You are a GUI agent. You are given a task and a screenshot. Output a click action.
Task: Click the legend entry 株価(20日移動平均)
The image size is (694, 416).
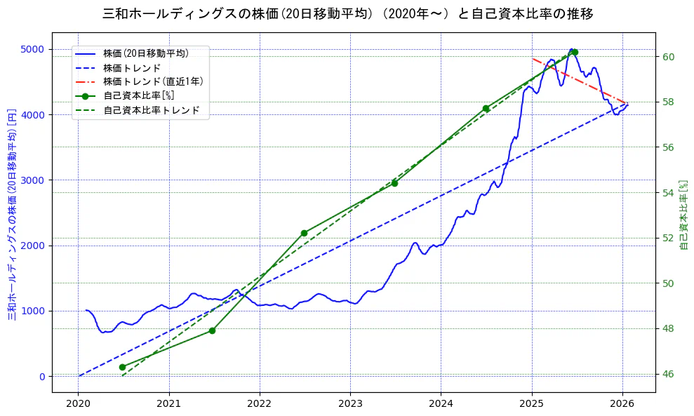coord(145,53)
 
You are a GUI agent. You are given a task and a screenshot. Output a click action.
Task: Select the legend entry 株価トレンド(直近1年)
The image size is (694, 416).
coord(153,81)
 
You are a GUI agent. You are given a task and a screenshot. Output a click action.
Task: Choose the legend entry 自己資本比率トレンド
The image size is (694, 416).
coord(151,110)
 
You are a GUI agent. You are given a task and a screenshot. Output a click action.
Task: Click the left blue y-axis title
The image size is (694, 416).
coord(12,213)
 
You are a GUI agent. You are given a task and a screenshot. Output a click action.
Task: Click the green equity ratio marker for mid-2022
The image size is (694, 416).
coord(304,233)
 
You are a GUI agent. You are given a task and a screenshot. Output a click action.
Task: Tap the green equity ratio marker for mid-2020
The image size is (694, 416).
coord(122,367)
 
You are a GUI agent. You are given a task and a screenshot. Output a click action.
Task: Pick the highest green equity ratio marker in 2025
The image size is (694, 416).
coord(575,52)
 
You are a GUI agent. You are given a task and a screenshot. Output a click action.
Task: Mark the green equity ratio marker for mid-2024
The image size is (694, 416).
coord(486,109)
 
